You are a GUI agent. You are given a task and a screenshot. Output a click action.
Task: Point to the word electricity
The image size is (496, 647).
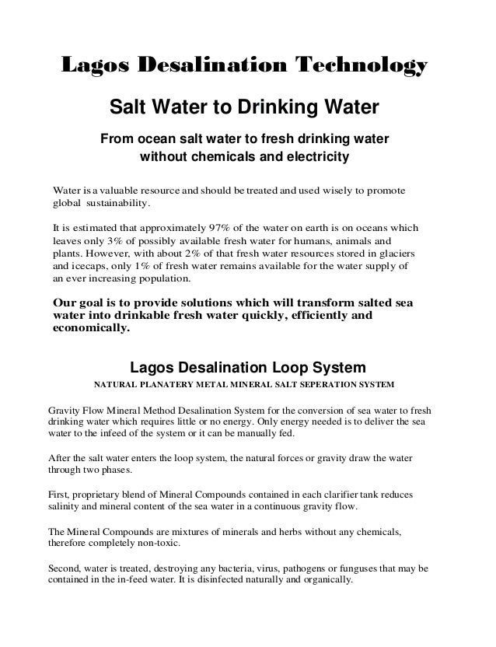(311, 158)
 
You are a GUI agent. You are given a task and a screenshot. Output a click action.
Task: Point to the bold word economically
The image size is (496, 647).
(89, 329)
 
